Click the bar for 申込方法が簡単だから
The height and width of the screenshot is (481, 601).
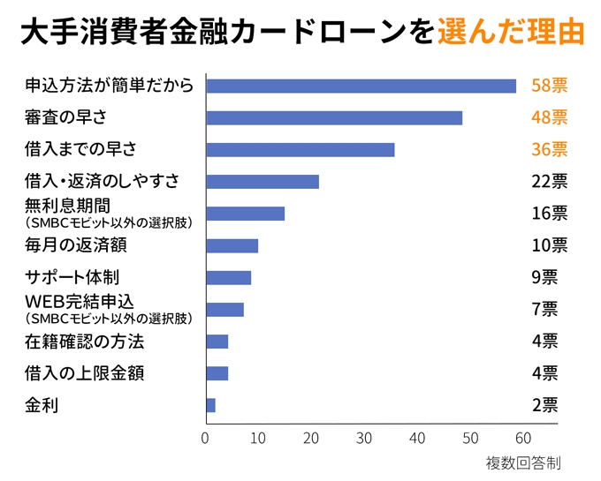[361, 86]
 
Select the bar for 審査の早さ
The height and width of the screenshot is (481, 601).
[334, 118]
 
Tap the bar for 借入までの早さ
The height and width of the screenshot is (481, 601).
[300, 150]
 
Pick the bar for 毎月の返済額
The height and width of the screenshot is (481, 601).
[232, 245]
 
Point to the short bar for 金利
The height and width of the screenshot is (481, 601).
[210, 405]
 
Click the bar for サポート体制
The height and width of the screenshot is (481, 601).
[228, 277]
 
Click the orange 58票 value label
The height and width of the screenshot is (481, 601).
[549, 86]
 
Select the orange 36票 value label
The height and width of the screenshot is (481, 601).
[549, 150]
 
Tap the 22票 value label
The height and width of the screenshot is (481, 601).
[549, 182]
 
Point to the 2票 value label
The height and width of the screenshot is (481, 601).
[544, 405]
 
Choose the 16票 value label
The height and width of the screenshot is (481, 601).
[549, 214]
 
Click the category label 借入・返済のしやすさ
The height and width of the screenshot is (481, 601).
[102, 182]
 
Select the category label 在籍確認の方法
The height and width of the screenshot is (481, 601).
[84, 342]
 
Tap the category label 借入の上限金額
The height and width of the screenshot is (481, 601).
[84, 373]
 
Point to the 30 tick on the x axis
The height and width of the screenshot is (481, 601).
[364, 438]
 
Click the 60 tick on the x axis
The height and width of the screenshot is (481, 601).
[522, 438]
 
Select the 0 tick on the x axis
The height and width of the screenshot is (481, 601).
[206, 438]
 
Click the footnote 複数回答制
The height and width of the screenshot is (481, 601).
[522, 462]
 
